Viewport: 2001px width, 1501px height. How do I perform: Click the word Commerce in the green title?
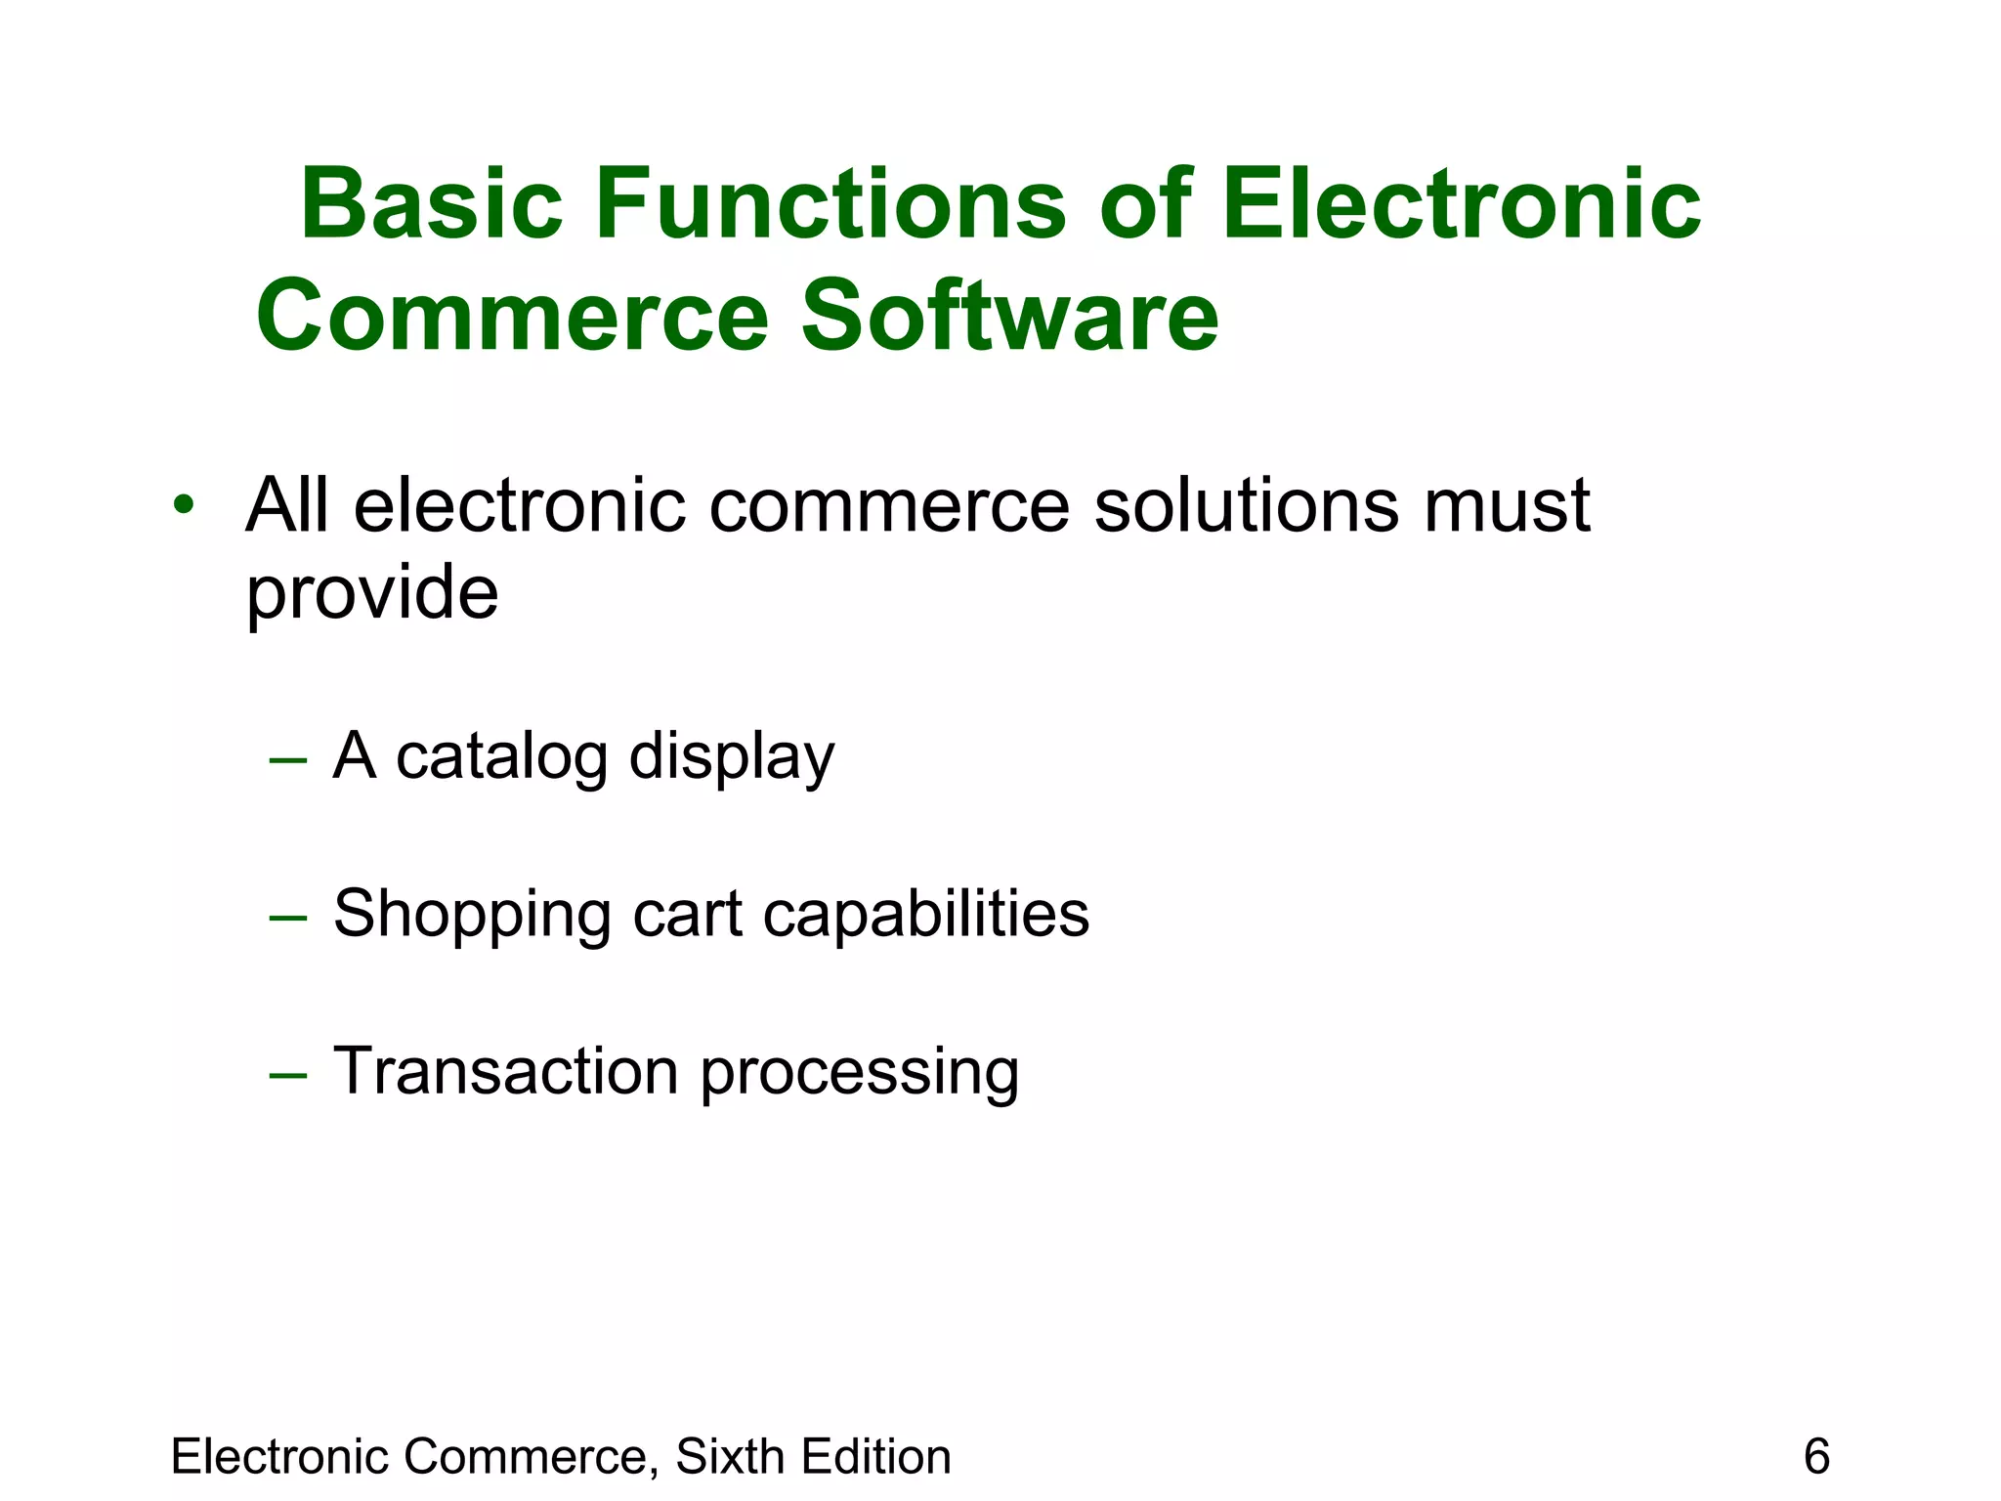click(x=512, y=316)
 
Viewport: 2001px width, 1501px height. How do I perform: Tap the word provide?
click(x=371, y=593)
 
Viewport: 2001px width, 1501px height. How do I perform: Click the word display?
click(x=732, y=758)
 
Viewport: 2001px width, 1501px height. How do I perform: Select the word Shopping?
click(x=471, y=915)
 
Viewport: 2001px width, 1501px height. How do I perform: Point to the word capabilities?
click(x=925, y=915)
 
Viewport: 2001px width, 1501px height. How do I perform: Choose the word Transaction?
click(x=505, y=1071)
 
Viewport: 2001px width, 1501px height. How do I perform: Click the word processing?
click(x=860, y=1073)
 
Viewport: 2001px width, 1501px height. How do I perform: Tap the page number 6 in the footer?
click(x=1816, y=1456)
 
